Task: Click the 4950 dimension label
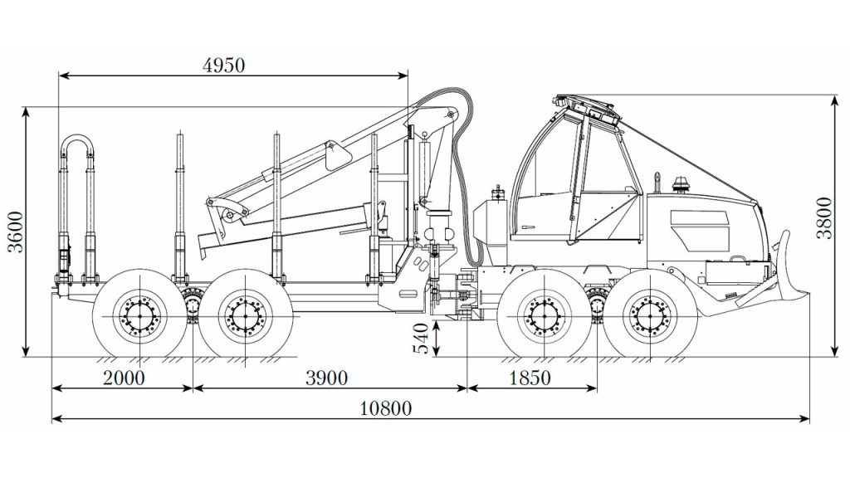(x=223, y=66)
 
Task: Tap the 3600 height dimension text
(x=17, y=232)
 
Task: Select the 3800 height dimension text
(x=824, y=218)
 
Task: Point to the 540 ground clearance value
(x=422, y=339)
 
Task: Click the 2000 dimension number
(x=125, y=378)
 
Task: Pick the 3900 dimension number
(x=326, y=378)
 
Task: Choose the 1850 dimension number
(x=530, y=378)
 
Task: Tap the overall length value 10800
(x=386, y=408)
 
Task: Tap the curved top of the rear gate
(x=76, y=135)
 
